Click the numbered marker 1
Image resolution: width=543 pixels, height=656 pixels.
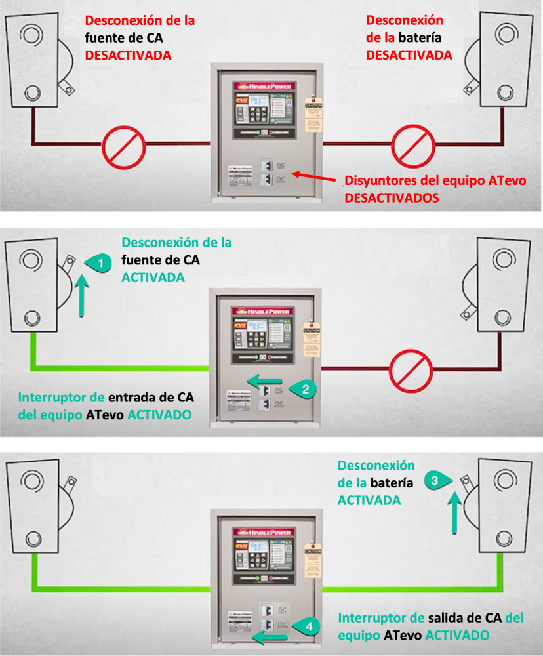(99, 263)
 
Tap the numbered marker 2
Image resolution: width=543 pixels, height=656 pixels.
(306, 388)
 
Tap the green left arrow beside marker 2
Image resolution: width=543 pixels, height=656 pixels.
(265, 380)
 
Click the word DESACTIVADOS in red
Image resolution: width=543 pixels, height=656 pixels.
(392, 196)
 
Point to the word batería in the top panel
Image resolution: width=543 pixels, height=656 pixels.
(426, 38)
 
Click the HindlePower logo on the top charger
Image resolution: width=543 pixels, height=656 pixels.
(266, 85)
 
